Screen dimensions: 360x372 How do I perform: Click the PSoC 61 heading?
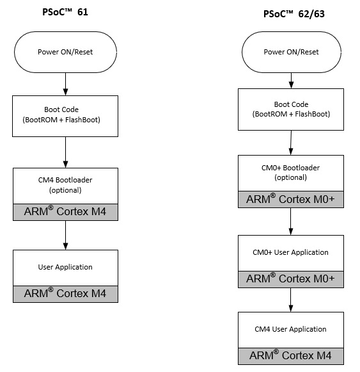(x=65, y=12)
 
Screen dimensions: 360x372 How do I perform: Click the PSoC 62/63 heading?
(x=294, y=13)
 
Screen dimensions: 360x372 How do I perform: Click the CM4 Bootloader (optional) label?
(x=65, y=185)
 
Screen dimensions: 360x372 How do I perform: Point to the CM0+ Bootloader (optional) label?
(x=290, y=172)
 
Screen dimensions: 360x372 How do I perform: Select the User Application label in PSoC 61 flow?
(x=65, y=267)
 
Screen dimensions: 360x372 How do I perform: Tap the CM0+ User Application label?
(x=290, y=252)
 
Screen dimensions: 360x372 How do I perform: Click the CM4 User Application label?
(x=290, y=329)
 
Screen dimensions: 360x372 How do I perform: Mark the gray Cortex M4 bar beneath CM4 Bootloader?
(x=65, y=212)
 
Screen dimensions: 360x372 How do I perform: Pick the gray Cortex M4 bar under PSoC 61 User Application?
(x=65, y=294)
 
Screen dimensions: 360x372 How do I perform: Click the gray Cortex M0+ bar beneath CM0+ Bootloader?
(x=291, y=200)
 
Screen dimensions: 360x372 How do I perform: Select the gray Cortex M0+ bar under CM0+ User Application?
(x=291, y=279)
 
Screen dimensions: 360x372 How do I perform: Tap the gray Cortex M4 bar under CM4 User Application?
(x=291, y=356)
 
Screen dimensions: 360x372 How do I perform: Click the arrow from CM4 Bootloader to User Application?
(x=66, y=235)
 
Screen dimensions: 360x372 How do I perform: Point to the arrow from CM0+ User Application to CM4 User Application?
(x=291, y=300)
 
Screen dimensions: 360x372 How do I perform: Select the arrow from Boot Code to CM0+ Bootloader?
(x=291, y=143)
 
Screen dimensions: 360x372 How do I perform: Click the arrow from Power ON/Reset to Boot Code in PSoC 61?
(x=66, y=85)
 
